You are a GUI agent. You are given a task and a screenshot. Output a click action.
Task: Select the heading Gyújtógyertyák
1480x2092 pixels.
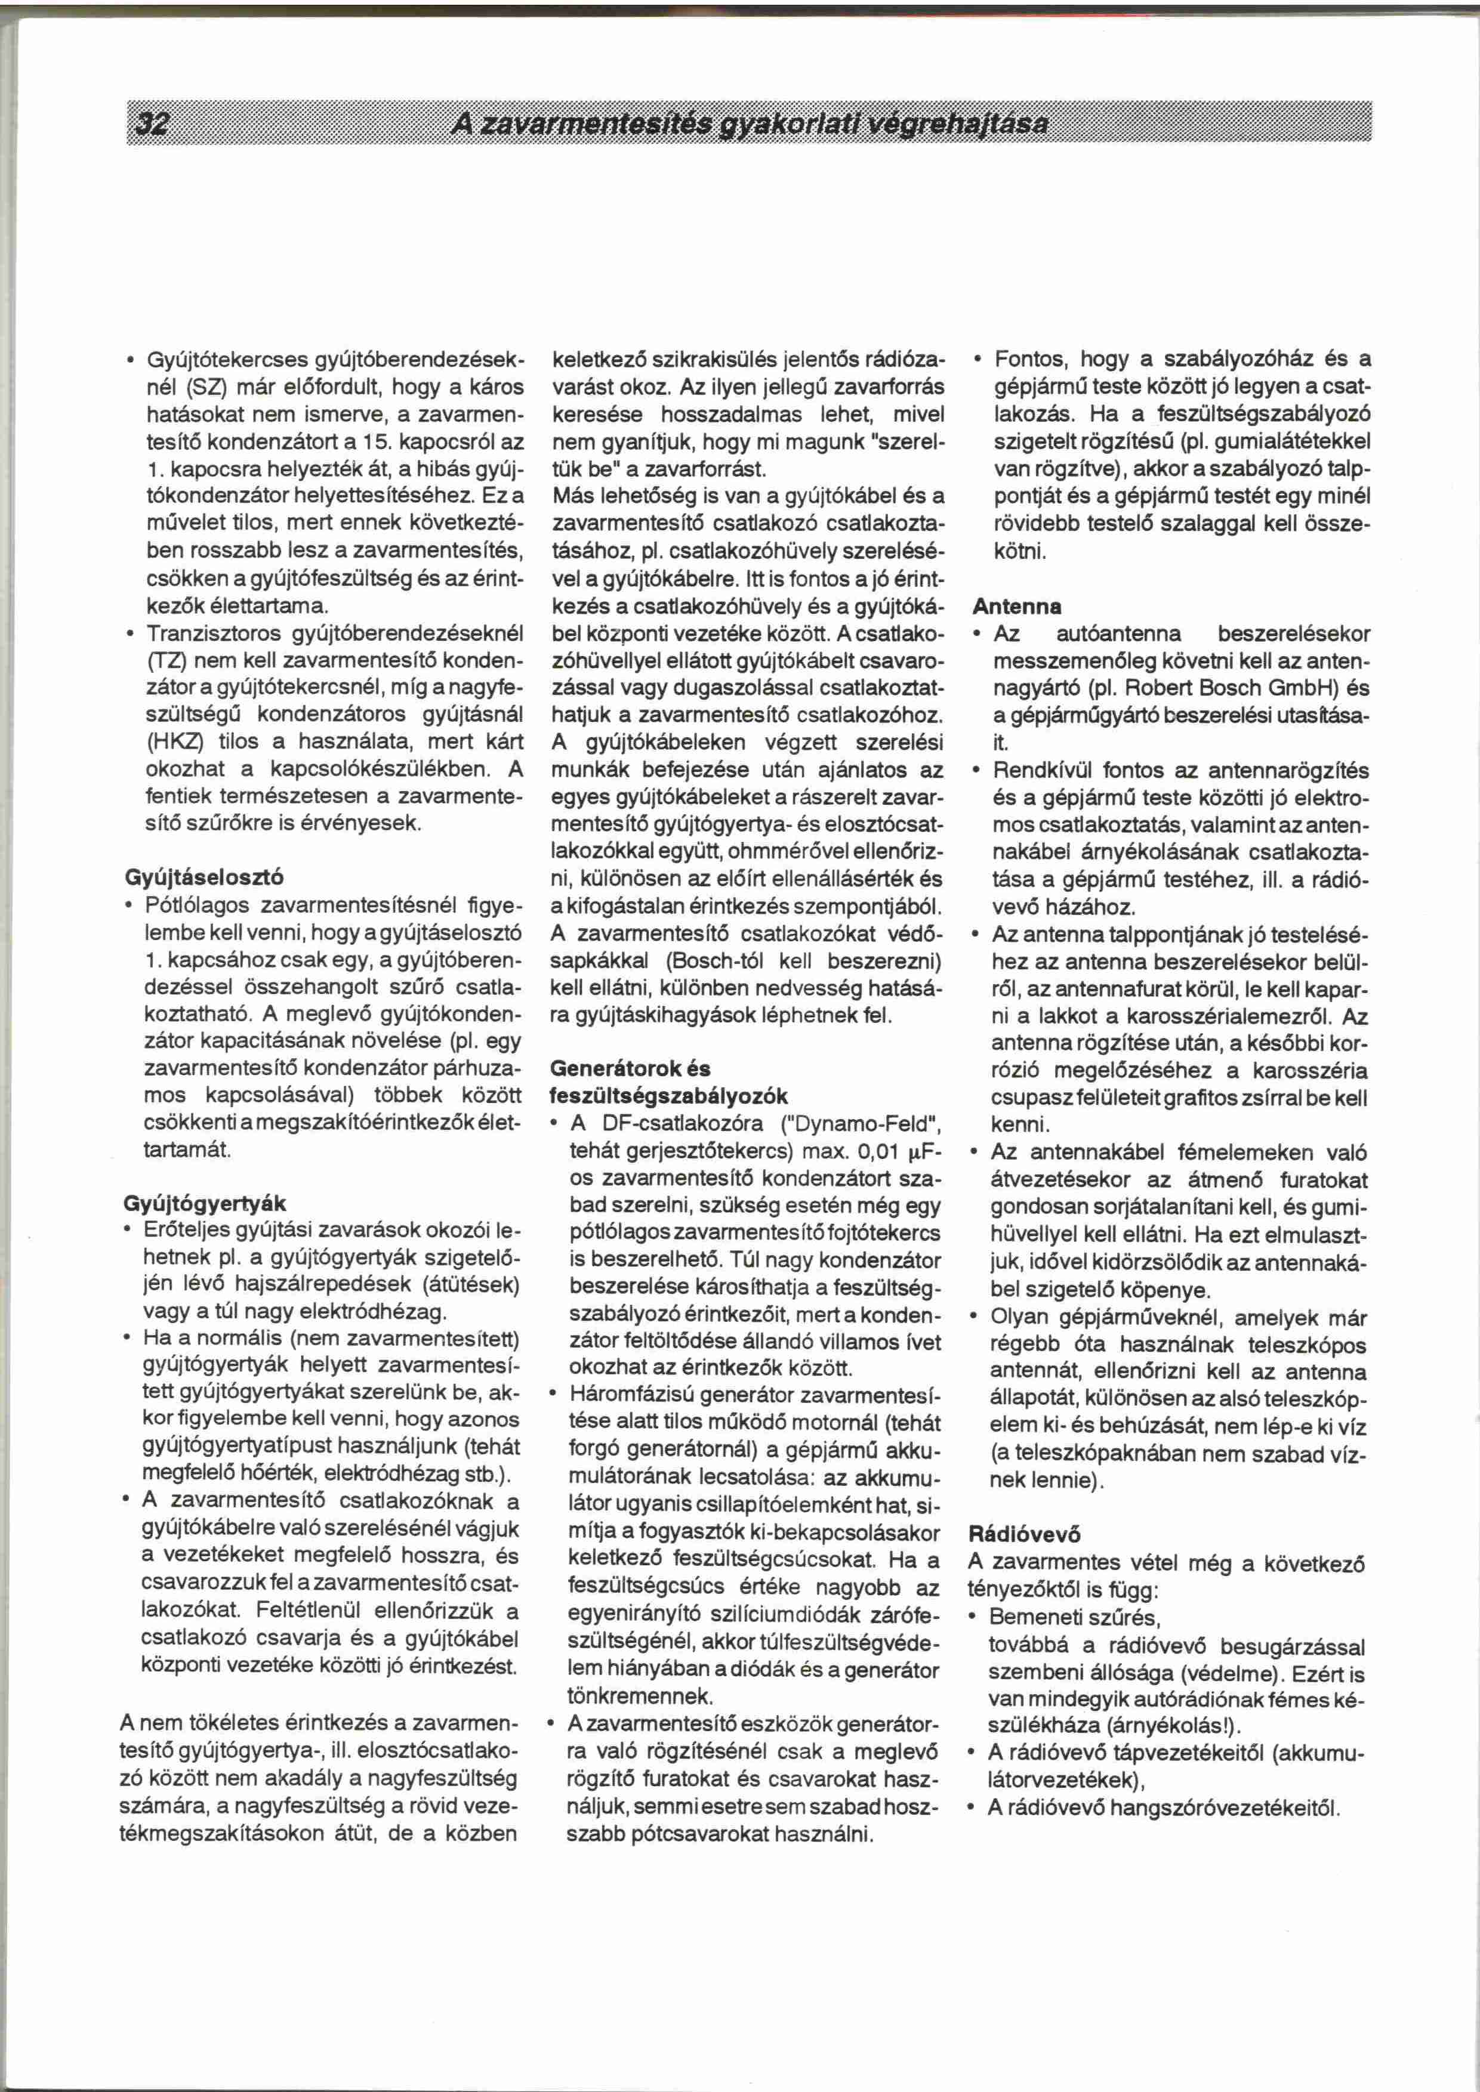[205, 1204]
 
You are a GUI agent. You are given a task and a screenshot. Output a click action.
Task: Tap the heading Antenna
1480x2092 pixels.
[1017, 607]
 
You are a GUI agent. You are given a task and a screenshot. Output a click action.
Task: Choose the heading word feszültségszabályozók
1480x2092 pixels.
[668, 1096]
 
